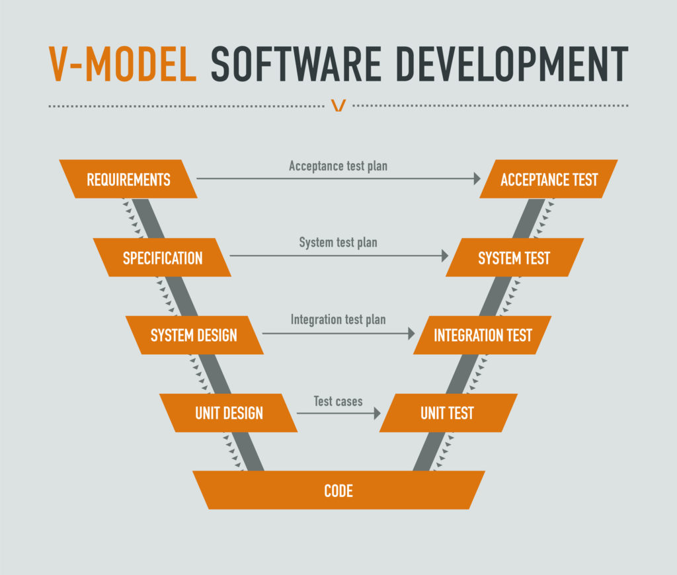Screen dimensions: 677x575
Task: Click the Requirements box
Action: coord(128,179)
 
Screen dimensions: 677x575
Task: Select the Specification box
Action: coord(162,257)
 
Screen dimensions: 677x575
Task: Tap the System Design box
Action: coord(194,335)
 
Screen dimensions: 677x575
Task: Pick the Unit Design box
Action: coord(228,412)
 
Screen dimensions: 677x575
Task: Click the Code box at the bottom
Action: coord(338,490)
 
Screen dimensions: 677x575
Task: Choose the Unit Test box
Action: coord(448,412)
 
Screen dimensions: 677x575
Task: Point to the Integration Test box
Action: coord(482,335)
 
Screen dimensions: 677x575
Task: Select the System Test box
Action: coord(514,257)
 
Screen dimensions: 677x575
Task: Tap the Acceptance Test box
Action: coord(549,179)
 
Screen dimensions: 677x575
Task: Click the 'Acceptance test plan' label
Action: coord(338,166)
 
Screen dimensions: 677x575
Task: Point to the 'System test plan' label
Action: coord(338,243)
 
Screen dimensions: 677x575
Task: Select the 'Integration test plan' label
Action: coord(338,320)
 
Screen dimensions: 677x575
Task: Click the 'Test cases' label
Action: coord(338,401)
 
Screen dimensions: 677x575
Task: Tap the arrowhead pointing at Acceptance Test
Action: coord(477,178)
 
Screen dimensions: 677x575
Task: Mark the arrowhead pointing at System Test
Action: coord(445,256)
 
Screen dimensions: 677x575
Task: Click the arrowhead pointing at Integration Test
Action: coord(411,333)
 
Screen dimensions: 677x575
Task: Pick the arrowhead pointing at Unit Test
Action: coord(378,413)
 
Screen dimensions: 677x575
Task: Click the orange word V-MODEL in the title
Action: coord(122,64)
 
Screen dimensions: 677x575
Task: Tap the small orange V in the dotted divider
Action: coord(338,105)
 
